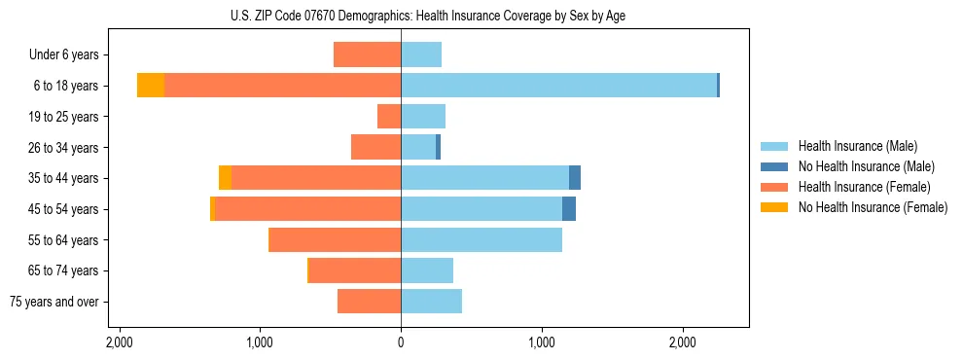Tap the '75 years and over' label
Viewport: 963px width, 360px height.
[x=54, y=302]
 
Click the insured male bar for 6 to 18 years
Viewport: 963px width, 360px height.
[x=558, y=86]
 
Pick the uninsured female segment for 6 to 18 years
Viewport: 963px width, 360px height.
[x=151, y=86]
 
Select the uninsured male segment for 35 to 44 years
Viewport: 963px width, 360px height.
[x=575, y=178]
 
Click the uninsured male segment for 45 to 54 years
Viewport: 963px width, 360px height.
[x=569, y=209]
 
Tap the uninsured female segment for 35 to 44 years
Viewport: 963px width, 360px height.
[x=225, y=178]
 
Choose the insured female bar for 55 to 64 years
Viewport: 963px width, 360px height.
[x=335, y=240]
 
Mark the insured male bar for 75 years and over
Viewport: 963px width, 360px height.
[x=431, y=302]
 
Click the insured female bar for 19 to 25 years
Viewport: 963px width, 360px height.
[x=389, y=117]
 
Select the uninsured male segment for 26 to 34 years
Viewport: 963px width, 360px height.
[x=438, y=148]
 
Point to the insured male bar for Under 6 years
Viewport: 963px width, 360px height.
[x=421, y=54]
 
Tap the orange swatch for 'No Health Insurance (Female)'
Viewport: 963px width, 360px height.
[x=774, y=207]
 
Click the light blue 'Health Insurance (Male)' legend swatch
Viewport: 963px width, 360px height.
[x=774, y=146]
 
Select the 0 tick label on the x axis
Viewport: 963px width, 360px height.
[x=401, y=342]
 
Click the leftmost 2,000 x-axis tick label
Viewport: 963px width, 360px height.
[x=120, y=342]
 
